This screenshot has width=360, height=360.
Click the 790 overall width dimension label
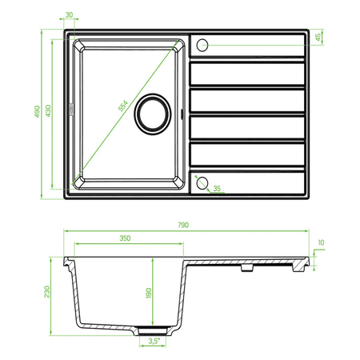(183, 225)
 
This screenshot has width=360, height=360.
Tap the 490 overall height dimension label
(37, 111)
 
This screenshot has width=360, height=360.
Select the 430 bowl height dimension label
(48, 110)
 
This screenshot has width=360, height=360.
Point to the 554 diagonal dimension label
(123, 106)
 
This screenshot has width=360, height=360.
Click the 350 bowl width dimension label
(125, 238)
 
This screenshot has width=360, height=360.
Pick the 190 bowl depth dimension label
(149, 293)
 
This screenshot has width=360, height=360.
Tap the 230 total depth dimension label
(47, 292)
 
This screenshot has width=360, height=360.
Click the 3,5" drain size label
(154, 341)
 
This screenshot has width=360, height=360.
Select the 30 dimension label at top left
(69, 15)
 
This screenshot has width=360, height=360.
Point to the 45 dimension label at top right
(318, 38)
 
